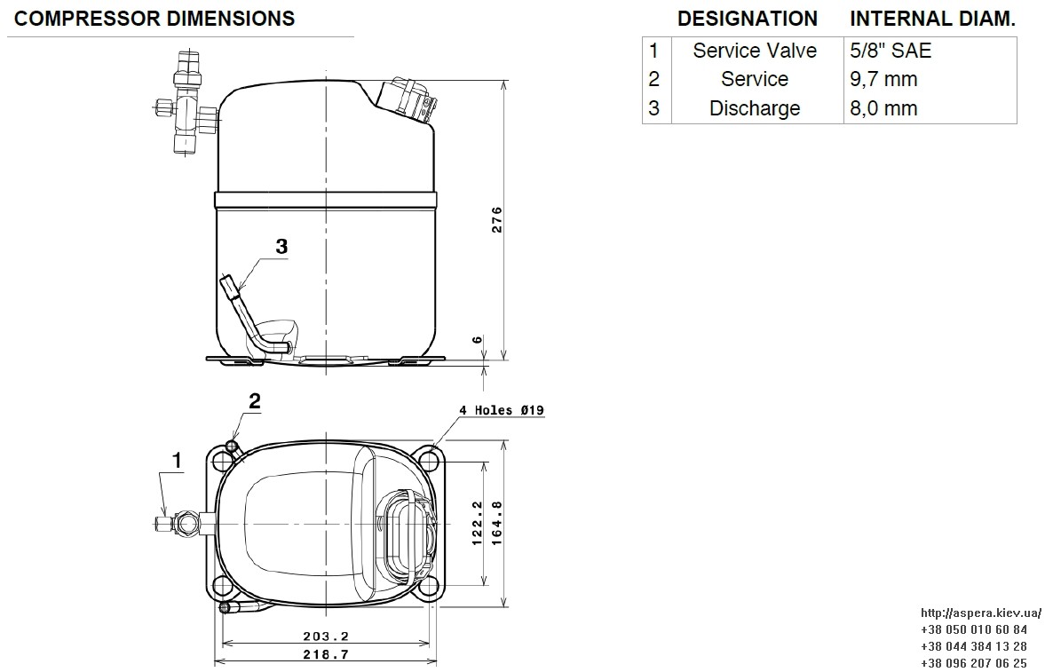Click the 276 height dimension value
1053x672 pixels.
pyautogui.click(x=497, y=220)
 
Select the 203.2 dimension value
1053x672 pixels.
pyautogui.click(x=326, y=636)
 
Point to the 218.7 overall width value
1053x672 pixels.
pyautogui.click(x=326, y=654)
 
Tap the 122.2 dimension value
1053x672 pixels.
pyautogui.click(x=478, y=523)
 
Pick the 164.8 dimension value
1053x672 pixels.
pyautogui.click(x=497, y=523)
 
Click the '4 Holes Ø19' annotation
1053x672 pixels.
pyautogui.click(x=502, y=409)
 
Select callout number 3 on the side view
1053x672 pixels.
pyautogui.click(x=282, y=247)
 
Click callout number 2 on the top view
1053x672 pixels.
pyautogui.click(x=255, y=400)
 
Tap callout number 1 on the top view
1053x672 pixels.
pyautogui.click(x=178, y=461)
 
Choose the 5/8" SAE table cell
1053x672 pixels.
pyautogui.click(x=891, y=51)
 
